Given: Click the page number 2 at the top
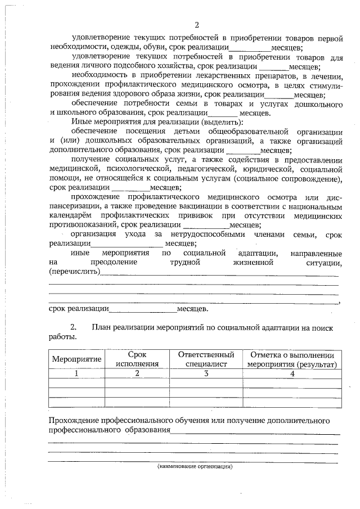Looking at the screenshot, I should [196, 25].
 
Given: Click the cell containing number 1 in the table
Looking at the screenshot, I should [76, 373].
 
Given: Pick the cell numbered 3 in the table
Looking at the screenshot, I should [206, 373].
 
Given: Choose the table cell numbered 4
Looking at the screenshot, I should [292, 373].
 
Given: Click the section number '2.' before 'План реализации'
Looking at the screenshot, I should [73, 327].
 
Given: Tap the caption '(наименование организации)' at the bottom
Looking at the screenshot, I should [195, 466].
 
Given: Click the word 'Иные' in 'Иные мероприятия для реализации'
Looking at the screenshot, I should [81, 121].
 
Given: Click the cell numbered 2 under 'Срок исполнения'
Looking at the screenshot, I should [137, 373].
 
